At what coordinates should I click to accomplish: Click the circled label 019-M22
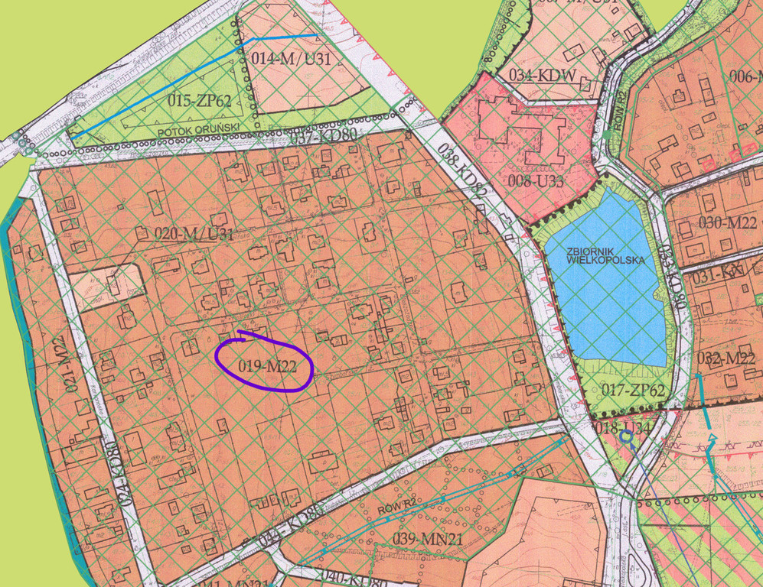pos(266,366)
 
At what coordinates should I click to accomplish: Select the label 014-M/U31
pos(291,59)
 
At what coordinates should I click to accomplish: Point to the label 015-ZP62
pos(200,100)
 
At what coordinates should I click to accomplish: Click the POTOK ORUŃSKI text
pos(199,128)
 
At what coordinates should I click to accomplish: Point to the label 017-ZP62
pos(631,391)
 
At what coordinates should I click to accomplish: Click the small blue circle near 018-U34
pos(626,436)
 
